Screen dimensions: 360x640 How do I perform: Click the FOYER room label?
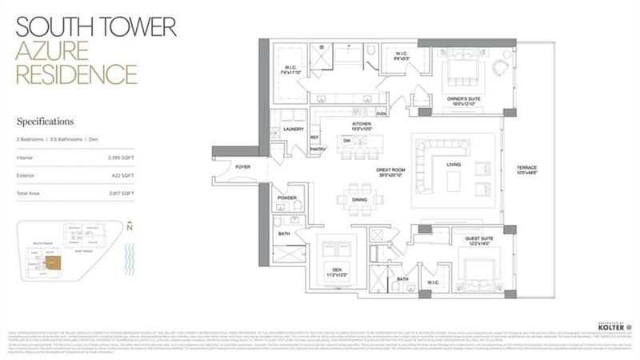point(242,166)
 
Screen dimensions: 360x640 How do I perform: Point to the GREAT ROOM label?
point(392,170)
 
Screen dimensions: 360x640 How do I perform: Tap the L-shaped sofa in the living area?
point(438,166)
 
